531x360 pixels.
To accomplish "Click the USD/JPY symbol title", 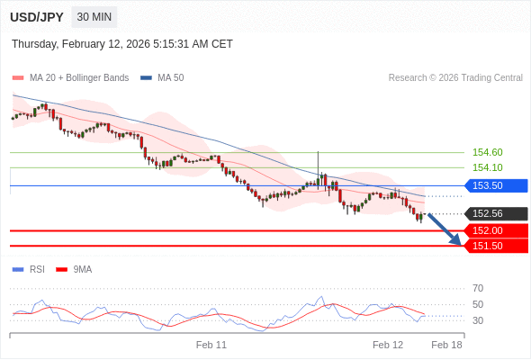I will click(36, 17).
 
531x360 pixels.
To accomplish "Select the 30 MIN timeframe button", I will click(94, 17).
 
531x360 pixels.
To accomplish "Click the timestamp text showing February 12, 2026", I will click(122, 43).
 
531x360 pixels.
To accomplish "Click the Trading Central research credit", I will click(455, 77).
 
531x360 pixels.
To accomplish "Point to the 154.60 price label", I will click(487, 152).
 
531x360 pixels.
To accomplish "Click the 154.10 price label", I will click(487, 167).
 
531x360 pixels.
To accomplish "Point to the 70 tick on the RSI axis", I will click(478, 288).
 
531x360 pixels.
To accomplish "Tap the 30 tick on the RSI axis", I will click(478, 320).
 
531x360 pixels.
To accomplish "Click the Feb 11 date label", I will click(211, 345).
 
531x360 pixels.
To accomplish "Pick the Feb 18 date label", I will click(446, 345).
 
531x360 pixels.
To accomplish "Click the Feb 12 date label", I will click(388, 345).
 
